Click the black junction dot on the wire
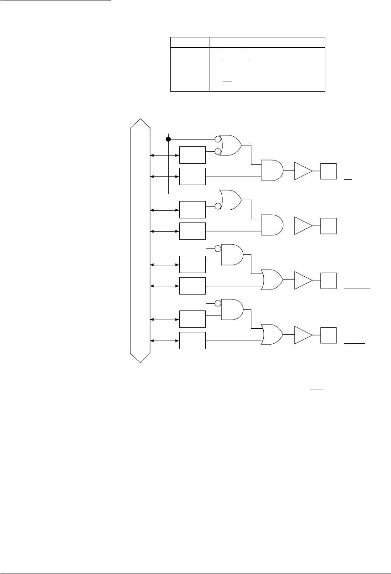pos(168,139)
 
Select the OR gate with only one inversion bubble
pos(230,200)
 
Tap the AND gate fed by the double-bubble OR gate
pos(271,171)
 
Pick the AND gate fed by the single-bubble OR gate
pos(271,225)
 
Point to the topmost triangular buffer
pos(303,171)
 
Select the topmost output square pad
pos(329,171)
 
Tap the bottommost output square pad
pos(329,335)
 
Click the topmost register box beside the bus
pos(193,155)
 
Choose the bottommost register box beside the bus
pos(193,341)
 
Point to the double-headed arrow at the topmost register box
pos(165,155)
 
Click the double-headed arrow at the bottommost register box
pos(165,341)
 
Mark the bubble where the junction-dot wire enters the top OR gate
pos(217,139)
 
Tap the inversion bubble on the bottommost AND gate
pos(218,303)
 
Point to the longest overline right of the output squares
pos(357,289)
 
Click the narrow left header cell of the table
pos(189,42)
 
